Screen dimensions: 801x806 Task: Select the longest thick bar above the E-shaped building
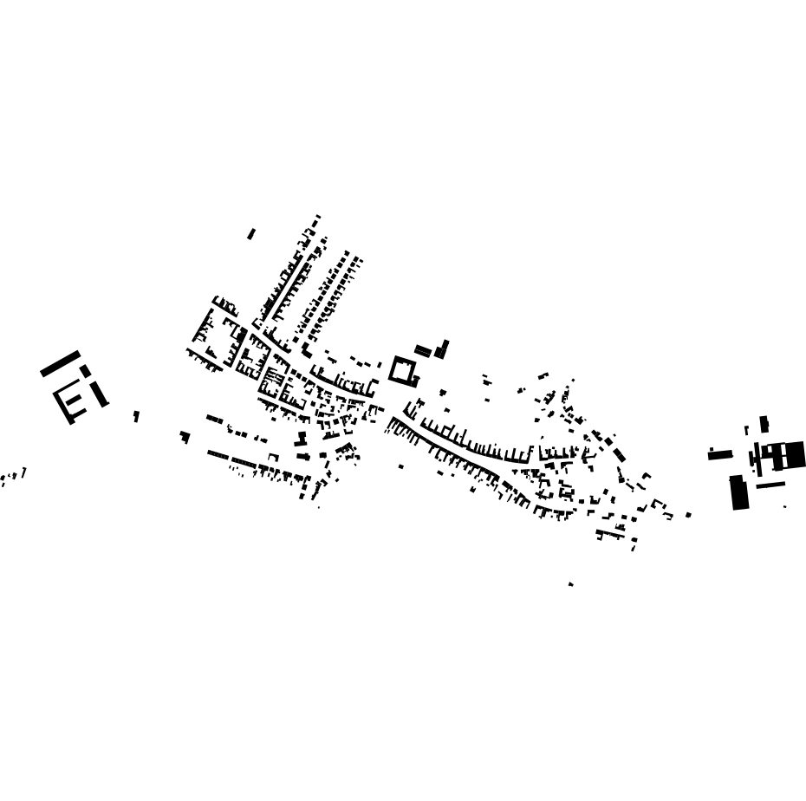tap(60, 363)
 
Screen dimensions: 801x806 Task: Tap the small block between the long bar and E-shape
tap(86, 371)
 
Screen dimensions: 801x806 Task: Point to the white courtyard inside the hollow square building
tap(402, 370)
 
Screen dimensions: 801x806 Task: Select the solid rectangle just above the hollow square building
tap(423, 350)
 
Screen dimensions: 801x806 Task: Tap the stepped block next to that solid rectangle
tap(442, 349)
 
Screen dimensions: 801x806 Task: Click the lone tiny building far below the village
tap(570, 584)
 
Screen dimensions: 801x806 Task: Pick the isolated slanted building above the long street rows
tap(251, 234)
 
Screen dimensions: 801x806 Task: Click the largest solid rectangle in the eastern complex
tap(739, 492)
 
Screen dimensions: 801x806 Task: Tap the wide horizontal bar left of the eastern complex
tap(719, 454)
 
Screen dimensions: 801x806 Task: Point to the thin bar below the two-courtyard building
tap(770, 485)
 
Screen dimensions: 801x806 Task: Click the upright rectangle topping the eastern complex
tap(764, 424)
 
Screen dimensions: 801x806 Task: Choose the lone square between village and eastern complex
tap(688, 515)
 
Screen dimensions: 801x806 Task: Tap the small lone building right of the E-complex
tap(136, 416)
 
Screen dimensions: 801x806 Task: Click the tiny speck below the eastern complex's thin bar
tap(785, 507)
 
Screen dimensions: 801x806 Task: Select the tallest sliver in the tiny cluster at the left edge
tap(24, 472)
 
